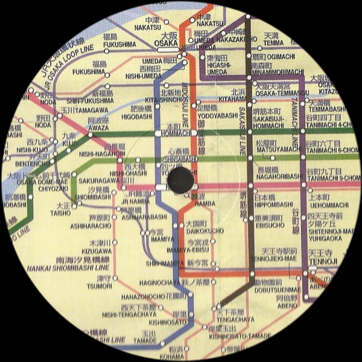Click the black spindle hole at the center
pyautogui.click(x=179, y=177)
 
